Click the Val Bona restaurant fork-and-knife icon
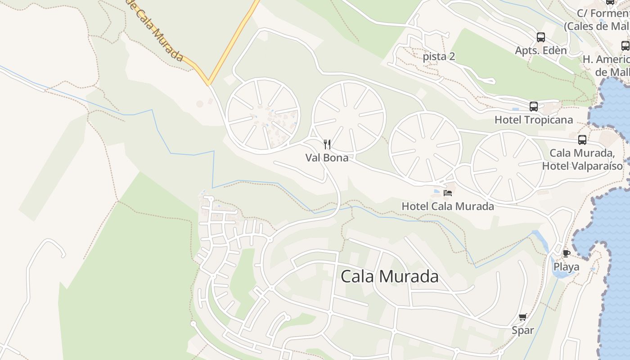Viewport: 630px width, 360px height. (327, 144)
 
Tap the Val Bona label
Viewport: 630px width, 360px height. (327, 158)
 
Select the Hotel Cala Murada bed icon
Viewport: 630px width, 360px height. (448, 193)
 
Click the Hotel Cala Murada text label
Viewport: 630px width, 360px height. (448, 207)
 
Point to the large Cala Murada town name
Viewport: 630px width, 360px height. (390, 276)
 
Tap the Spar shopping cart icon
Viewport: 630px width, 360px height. (523, 317)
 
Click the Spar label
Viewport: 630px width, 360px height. (523, 331)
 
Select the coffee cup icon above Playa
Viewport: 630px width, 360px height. (567, 253)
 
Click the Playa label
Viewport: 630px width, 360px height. (566, 267)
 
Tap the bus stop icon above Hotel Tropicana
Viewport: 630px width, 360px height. (534, 107)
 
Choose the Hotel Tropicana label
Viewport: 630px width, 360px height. (534, 120)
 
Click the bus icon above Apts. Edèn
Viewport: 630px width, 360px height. (541, 37)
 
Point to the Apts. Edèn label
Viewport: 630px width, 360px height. (541, 50)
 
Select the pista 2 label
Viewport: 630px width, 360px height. (439, 57)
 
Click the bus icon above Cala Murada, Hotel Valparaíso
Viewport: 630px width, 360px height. (582, 140)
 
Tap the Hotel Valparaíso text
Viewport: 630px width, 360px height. (582, 166)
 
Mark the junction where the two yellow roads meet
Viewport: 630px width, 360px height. (208, 84)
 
